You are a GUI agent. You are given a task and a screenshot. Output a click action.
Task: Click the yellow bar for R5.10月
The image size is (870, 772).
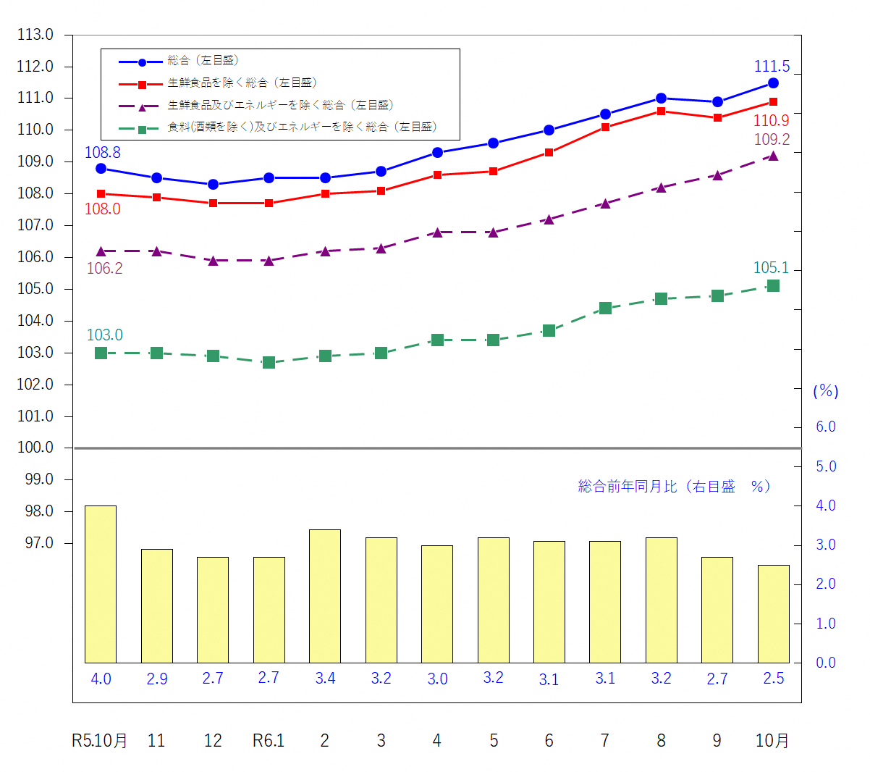(x=101, y=584)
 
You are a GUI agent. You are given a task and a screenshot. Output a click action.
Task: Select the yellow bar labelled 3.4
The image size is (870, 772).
(x=325, y=596)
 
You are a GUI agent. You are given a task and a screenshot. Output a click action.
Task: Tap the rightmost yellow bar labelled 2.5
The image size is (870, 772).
(x=773, y=613)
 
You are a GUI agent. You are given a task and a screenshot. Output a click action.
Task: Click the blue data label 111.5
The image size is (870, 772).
(x=772, y=67)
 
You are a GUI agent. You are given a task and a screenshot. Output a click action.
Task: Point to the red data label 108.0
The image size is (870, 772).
(x=103, y=209)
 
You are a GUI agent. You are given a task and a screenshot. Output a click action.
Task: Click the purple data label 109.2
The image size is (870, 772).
(x=772, y=139)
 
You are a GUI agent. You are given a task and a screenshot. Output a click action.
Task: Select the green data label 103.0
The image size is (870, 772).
(x=105, y=335)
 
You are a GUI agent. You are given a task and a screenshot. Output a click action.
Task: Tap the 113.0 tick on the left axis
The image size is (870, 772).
(x=35, y=35)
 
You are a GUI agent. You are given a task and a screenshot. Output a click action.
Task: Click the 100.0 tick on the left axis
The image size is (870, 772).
(x=35, y=448)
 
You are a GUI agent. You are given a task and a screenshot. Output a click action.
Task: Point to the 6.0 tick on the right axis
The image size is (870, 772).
(x=826, y=427)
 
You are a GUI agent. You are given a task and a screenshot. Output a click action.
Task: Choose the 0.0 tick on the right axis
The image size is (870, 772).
(x=826, y=663)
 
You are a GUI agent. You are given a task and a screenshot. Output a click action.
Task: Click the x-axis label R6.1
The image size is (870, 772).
(x=269, y=740)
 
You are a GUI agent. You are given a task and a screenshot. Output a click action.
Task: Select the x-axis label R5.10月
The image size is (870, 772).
(x=100, y=740)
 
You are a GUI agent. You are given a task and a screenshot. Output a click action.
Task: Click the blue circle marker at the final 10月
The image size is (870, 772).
(x=773, y=83)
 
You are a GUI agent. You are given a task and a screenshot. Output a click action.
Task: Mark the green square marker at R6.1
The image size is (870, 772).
(x=269, y=362)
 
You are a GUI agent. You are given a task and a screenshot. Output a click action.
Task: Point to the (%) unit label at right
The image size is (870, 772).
(x=826, y=391)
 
